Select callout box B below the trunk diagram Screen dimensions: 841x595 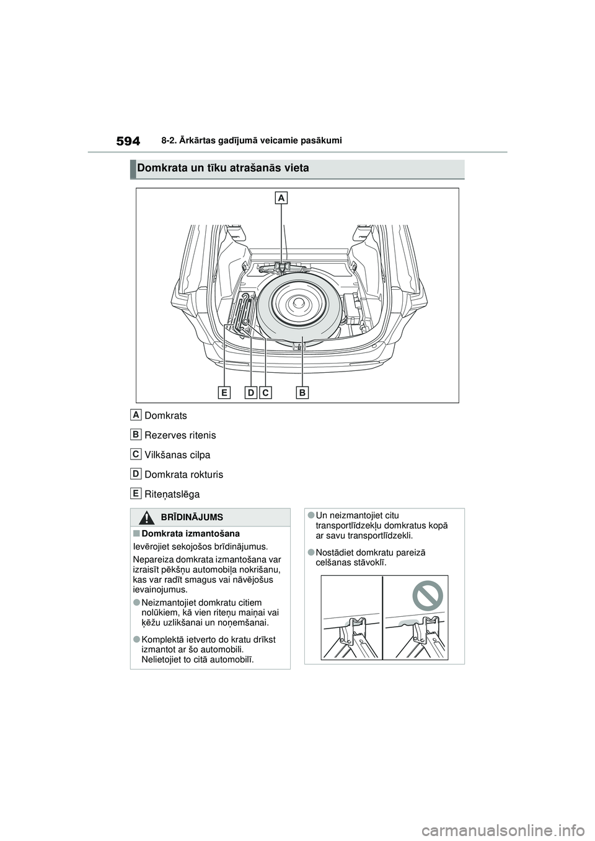tap(302, 392)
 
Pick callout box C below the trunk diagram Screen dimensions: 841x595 tap(265, 392)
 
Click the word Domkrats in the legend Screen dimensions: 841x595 tap(165, 416)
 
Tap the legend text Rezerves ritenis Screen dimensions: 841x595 tap(180, 435)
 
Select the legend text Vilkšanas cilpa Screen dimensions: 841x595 tap(177, 455)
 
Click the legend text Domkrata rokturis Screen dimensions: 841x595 tap(183, 475)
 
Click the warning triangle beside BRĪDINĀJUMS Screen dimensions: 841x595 tap(148, 517)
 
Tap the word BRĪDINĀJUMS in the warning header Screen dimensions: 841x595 tap(192, 517)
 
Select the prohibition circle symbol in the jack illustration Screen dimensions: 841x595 tap(427, 597)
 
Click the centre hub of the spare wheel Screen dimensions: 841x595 tap(299, 303)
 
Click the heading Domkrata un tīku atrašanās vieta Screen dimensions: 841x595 tap(223, 168)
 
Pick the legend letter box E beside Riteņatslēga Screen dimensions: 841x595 tap(136, 493)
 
